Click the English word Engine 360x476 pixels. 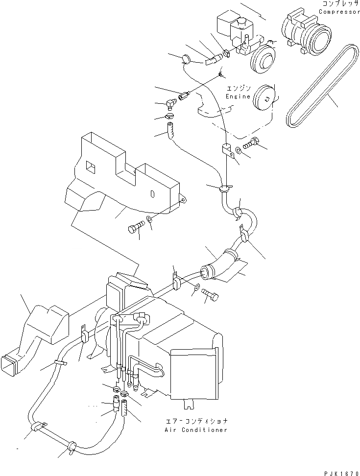coord(238,96)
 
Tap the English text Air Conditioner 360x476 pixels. coord(196,430)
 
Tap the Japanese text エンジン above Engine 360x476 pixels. coord(238,89)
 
